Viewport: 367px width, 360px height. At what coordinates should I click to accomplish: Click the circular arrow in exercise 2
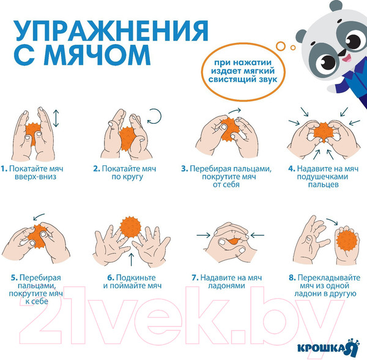[x=155, y=116]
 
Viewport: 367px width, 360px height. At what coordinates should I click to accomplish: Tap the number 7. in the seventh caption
[x=196, y=277]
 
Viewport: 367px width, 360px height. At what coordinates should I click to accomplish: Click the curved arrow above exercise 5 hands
[x=39, y=216]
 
